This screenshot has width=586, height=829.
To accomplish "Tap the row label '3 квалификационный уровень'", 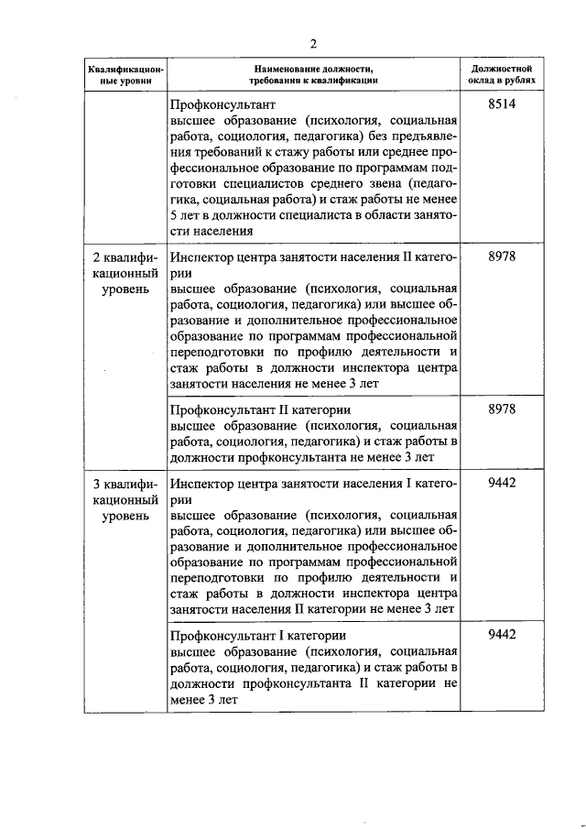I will click(125, 498).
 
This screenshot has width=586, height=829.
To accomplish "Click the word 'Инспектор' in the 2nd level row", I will click(202, 257).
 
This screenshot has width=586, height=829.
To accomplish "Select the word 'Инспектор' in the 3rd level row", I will click(202, 482).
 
